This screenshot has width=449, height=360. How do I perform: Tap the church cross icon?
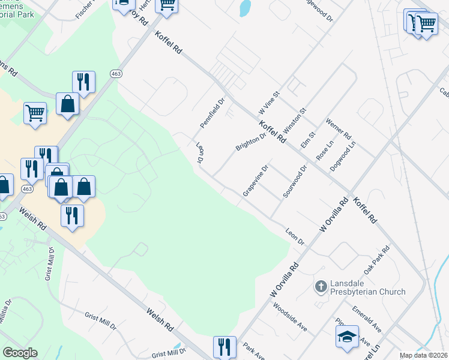pyautogui.click(x=321, y=286)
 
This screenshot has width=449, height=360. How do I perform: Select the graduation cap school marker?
pyautogui.click(x=346, y=338)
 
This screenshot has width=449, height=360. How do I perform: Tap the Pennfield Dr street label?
pyautogui.click(x=211, y=113)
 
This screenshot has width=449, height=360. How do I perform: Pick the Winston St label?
pyautogui.click(x=295, y=120)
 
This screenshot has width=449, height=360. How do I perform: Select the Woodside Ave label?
pyautogui.click(x=290, y=317)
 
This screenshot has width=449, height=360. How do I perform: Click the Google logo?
pyautogui.click(x=20, y=353)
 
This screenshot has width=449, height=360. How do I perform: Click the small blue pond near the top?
pyautogui.click(x=245, y=8)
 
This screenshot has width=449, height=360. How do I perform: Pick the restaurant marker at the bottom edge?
pyautogui.click(x=224, y=347)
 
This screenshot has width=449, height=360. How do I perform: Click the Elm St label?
pyautogui.click(x=307, y=143)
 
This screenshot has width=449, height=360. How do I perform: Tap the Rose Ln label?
pyautogui.click(x=324, y=150)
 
